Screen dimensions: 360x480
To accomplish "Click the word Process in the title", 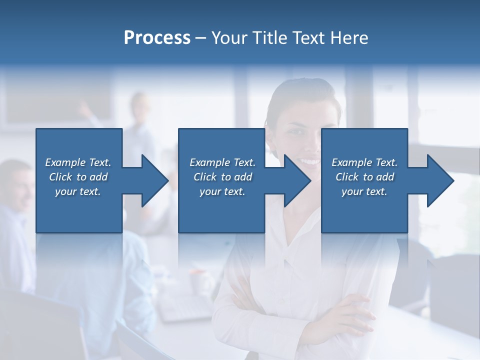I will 157,38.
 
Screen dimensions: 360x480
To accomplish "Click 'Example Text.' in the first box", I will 78,162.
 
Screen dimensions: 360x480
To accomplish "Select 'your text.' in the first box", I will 78,191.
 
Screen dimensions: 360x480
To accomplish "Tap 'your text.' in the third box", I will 364,191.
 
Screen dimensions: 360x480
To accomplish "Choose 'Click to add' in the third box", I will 364,177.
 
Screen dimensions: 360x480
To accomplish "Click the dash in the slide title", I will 201,38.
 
